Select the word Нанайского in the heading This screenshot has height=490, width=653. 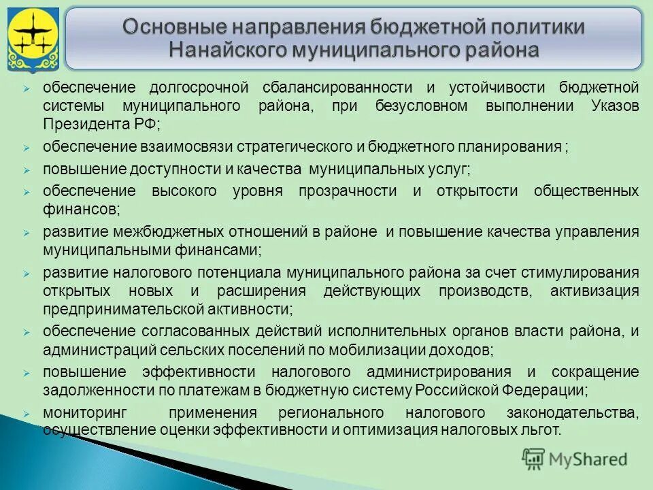(227, 50)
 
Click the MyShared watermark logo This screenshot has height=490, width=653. (575, 459)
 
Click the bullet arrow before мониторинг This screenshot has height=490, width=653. (26, 413)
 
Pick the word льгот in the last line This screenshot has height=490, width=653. (543, 430)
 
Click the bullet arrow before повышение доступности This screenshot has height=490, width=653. (26, 169)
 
